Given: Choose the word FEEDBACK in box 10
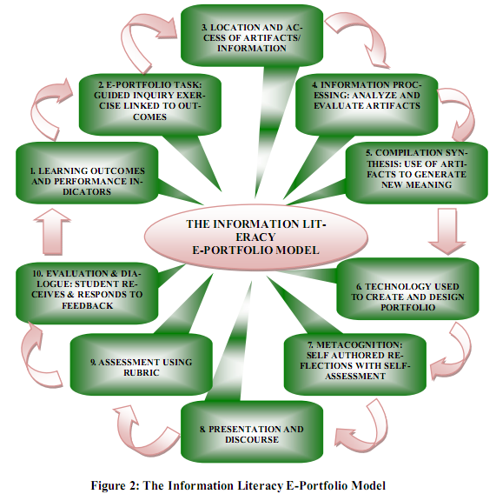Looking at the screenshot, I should (x=86, y=305).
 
